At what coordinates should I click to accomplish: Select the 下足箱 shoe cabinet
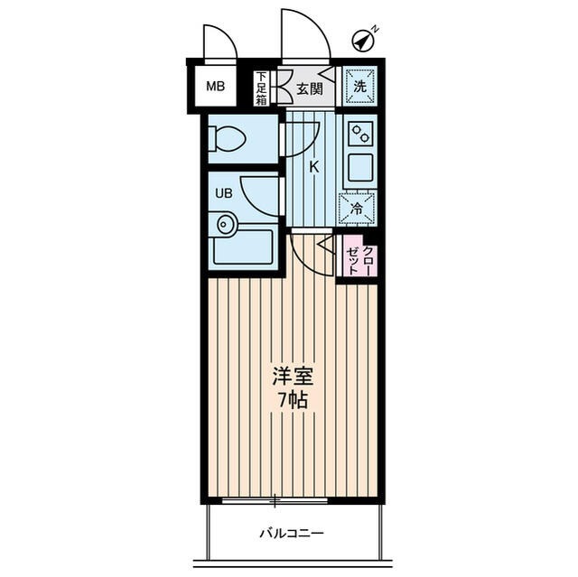262,88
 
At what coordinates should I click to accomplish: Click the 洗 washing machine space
359,88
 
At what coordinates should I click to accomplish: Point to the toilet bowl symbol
228,139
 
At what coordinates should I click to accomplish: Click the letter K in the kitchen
314,167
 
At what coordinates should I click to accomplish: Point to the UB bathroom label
222,192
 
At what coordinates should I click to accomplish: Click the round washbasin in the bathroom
223,223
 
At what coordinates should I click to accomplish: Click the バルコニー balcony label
291,532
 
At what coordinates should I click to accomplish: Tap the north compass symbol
364,41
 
